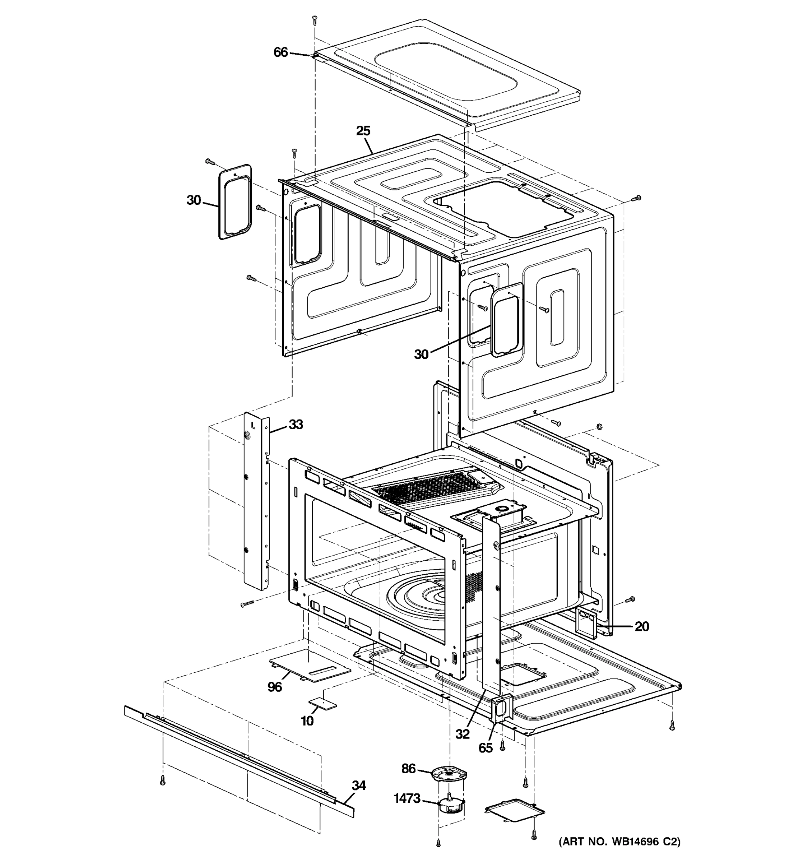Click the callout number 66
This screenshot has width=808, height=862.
pos(280,52)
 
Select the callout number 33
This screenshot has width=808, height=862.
pos(296,425)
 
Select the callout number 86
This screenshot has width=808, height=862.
pos(408,769)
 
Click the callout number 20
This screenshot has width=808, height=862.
pos(641,626)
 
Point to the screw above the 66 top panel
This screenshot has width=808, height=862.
pos(314,20)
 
